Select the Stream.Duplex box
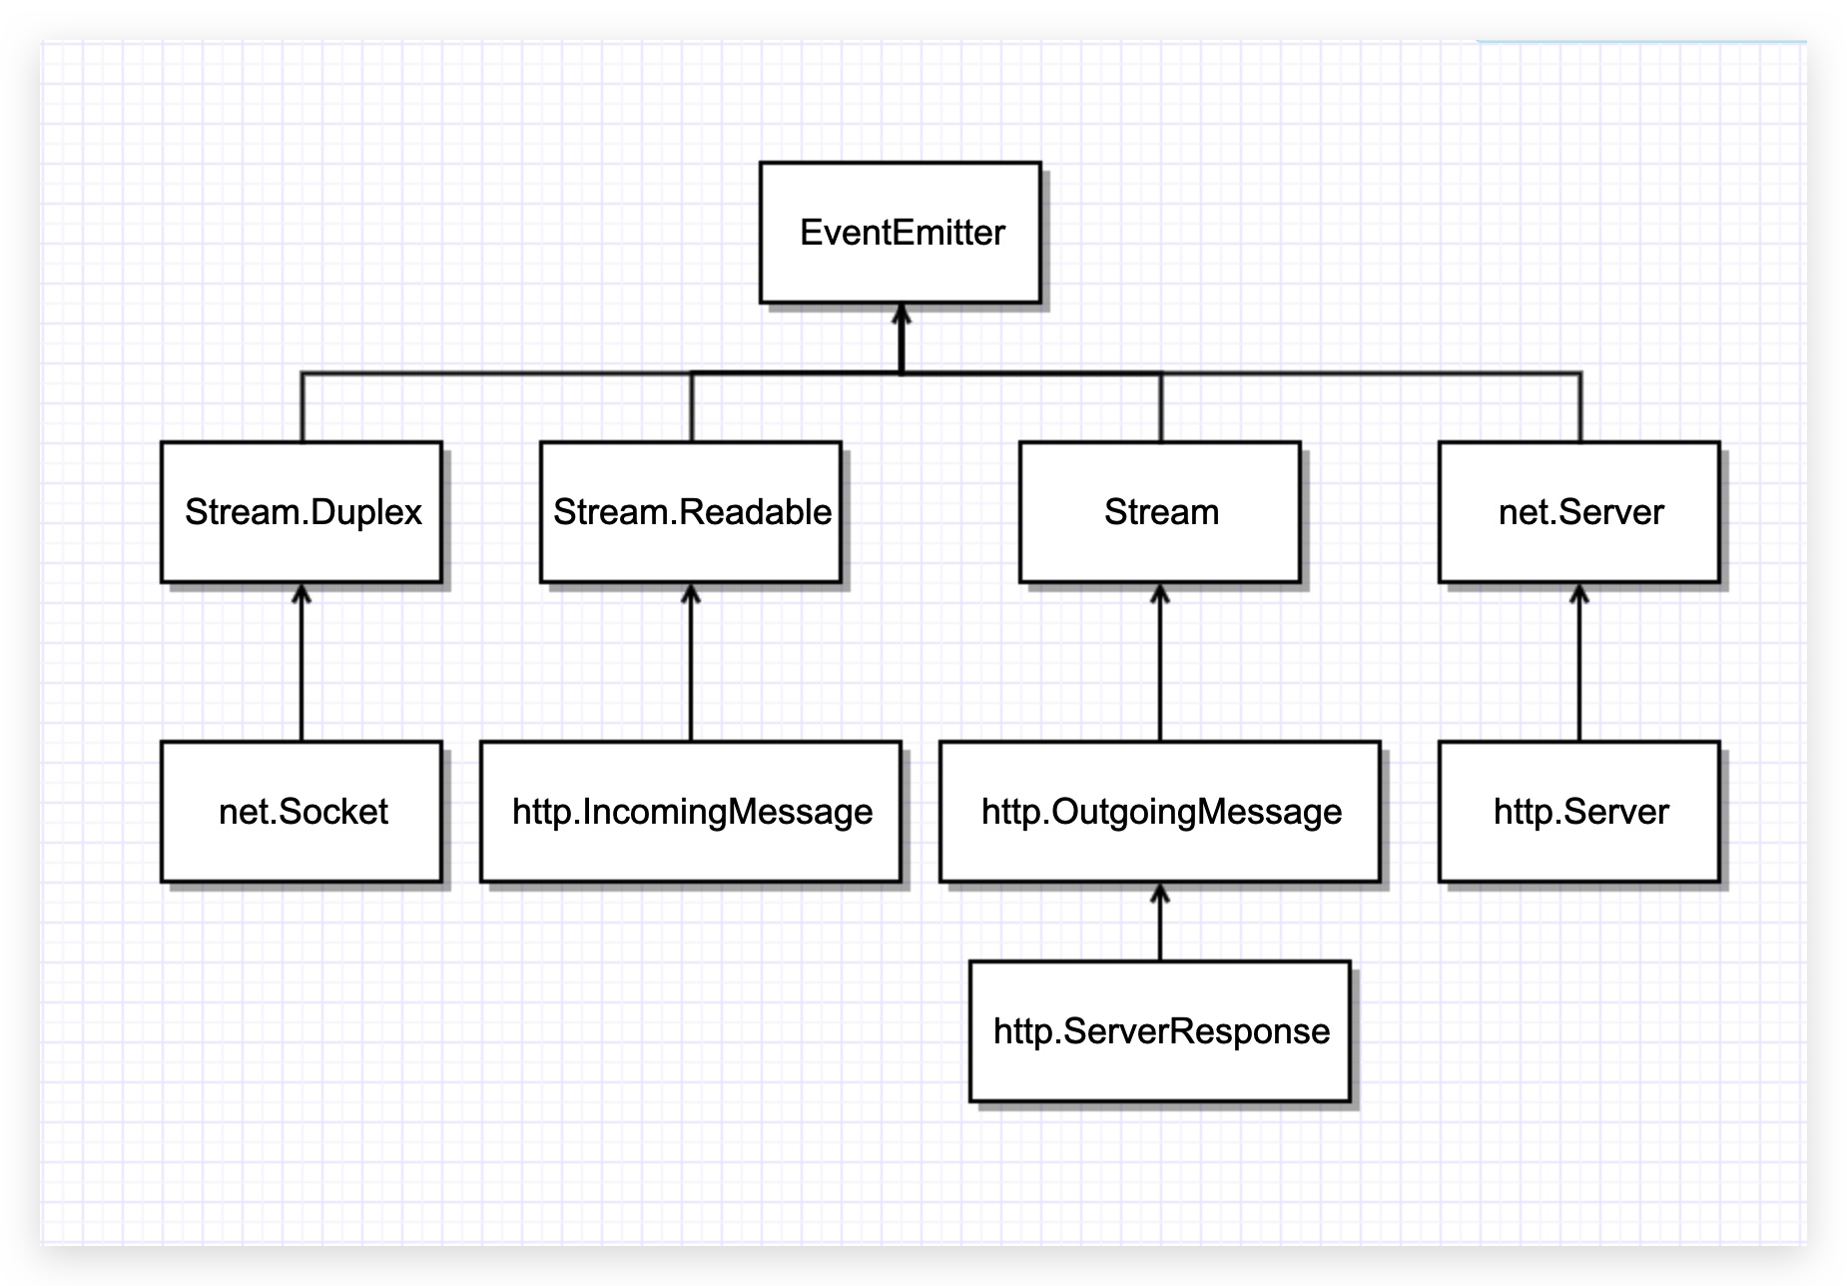302,512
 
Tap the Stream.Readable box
691,512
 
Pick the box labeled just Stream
1160,512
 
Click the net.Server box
1579,512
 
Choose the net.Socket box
302,812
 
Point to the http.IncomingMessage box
691,812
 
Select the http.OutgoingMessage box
1160,812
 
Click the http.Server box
1579,812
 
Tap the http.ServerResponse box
1160,1031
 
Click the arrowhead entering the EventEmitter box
902,315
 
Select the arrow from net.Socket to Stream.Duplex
302,664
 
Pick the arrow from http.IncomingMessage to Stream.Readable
691,664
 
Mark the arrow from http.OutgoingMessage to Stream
1160,664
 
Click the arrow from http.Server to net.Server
1579,664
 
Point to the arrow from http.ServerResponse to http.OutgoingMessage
1160,924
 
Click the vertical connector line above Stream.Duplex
303,407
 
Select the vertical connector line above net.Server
1580,407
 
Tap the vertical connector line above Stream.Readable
692,407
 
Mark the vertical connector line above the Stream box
1161,407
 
